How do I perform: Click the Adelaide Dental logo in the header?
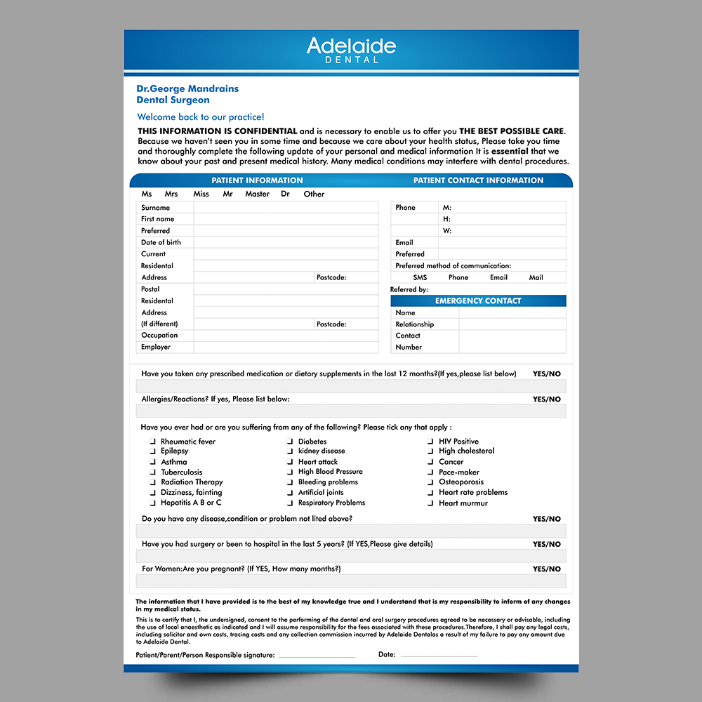coord(351,50)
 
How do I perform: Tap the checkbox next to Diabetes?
coord(291,442)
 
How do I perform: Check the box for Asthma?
coord(153,463)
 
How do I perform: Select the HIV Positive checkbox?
coord(431,442)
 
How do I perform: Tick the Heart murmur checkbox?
coord(431,503)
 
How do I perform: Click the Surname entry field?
coord(288,208)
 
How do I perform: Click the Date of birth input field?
coord(288,243)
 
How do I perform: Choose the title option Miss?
coord(201,194)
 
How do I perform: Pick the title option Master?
coord(257,194)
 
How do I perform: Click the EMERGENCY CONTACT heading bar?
coord(478,301)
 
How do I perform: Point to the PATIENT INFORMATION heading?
coord(257,180)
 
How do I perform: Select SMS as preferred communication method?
coord(420,277)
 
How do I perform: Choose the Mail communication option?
coord(536,277)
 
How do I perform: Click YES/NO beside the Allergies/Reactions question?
coord(546,399)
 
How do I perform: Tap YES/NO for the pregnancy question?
coord(546,569)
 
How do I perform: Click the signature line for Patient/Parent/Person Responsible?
coord(317,655)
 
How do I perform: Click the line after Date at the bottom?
coord(439,655)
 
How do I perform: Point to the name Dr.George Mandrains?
coord(187,89)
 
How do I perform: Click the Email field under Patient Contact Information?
coord(501,243)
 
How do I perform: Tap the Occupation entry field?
coord(288,336)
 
